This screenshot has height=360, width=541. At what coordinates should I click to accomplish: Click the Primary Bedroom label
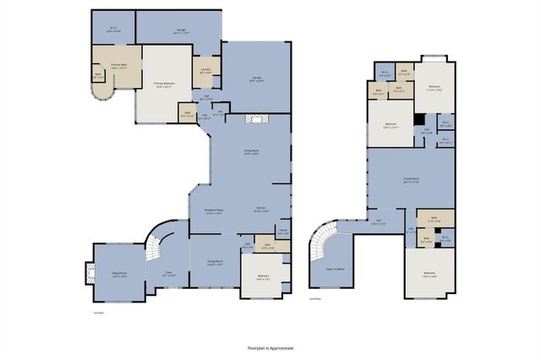169,84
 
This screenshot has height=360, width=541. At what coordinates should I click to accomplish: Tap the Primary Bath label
112,68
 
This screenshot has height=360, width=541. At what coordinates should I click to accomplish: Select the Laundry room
206,72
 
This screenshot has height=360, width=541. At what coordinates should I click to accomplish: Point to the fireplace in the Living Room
254,120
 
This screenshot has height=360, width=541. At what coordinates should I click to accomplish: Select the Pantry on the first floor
283,232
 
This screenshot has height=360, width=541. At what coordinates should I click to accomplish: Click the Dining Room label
214,263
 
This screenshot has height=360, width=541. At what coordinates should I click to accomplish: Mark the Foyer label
168,274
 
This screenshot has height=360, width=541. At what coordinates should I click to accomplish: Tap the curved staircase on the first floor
153,246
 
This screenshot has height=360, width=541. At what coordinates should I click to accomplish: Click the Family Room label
412,181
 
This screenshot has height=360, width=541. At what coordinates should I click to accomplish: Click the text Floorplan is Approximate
270,346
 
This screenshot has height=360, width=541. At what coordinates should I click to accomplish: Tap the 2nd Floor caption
315,299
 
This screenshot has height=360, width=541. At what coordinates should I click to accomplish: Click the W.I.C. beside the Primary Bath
112,30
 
